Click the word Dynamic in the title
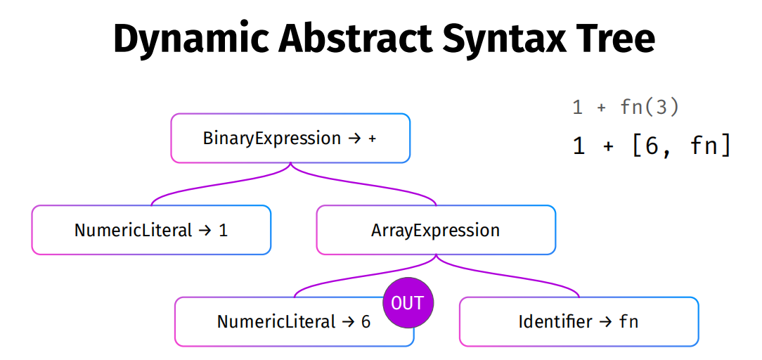tap(190, 38)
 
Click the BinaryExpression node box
tap(290, 138)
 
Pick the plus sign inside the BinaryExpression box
tap(373, 139)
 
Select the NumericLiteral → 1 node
tap(151, 230)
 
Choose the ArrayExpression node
tap(436, 230)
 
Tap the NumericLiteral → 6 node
tap(294, 321)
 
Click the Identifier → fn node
tap(579, 321)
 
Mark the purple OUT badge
tap(408, 302)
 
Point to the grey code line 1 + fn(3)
tap(625, 108)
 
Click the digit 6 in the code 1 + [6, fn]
tap(652, 146)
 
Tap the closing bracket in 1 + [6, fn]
tap(725, 146)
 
